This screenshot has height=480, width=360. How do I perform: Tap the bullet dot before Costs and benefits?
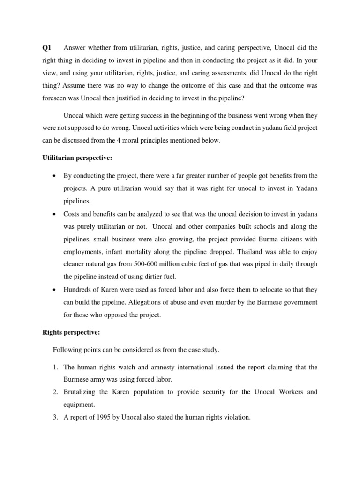(56, 213)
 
